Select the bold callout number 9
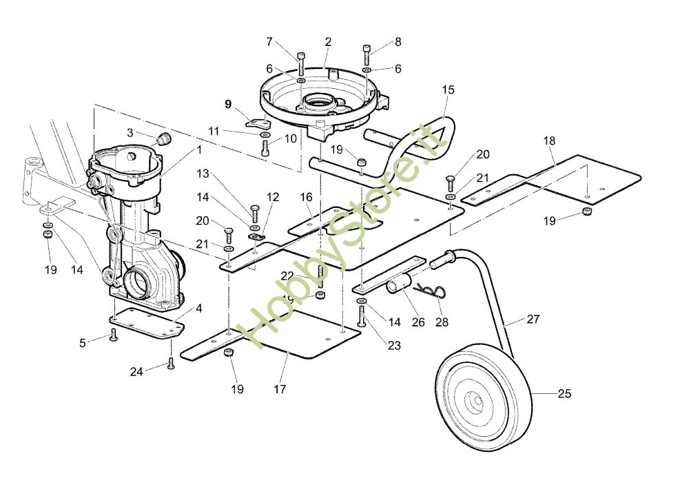tap(227, 104)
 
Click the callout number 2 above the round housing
tap(328, 42)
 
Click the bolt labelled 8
tap(366, 54)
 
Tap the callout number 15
tap(449, 90)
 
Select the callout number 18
tap(549, 141)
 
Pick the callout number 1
tap(200, 149)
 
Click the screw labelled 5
tap(114, 336)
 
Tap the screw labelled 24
tap(171, 363)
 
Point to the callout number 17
tap(279, 389)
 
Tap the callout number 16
tap(307, 198)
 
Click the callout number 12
tap(273, 197)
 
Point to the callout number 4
tap(198, 309)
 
